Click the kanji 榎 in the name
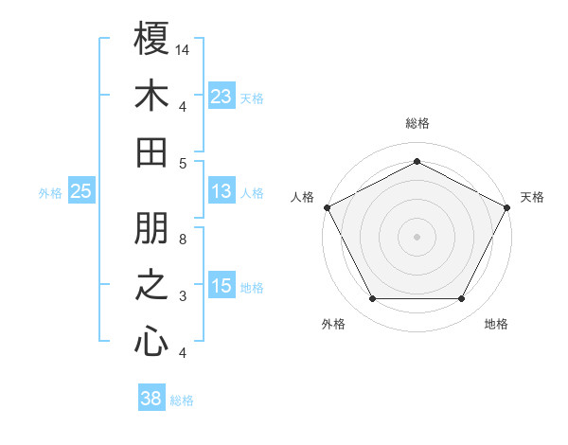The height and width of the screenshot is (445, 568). coord(151,39)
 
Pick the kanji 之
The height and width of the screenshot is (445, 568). coord(151,286)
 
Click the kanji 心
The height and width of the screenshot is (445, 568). coord(151,342)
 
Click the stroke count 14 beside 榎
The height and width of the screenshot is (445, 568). coord(183,48)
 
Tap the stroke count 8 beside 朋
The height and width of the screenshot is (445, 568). coord(183,240)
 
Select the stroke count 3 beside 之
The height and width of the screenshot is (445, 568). coord(183,296)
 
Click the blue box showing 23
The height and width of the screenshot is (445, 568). coord(222,96)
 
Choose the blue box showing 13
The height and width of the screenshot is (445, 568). coord(222,191)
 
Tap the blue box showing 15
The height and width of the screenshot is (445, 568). coord(222,286)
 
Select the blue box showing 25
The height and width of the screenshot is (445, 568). coord(80,191)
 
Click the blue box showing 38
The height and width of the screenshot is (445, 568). coord(151,399)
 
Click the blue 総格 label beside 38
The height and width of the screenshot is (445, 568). coord(182,400)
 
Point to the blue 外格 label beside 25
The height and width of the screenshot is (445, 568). coord(50,193)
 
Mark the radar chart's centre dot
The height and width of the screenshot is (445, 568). coord(417,236)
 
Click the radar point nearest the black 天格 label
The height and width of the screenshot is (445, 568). coord(508,206)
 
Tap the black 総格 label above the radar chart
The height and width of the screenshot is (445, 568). coord(417,124)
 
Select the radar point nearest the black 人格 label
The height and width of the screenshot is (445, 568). coord(326,206)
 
